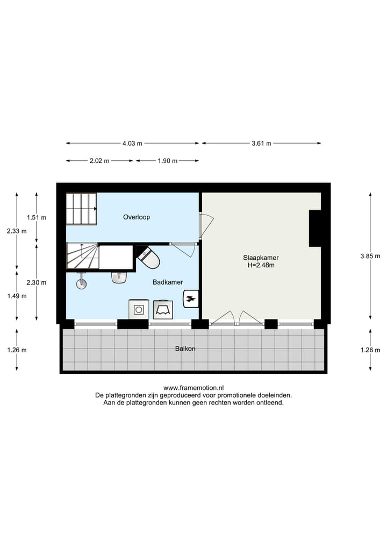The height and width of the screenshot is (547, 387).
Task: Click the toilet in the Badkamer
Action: point(149,258)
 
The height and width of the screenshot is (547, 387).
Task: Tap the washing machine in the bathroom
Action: point(139,309)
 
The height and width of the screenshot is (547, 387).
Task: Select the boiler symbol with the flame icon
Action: point(191,298)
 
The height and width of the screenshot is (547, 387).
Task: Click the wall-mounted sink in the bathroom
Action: point(119,277)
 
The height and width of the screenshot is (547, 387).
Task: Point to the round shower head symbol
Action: point(82,283)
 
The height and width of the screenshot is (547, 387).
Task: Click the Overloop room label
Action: point(136,217)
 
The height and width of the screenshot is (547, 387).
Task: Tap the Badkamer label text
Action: point(168,282)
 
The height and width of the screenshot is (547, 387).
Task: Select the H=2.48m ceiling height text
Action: point(261,265)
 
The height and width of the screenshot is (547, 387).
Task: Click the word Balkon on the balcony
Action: point(185,349)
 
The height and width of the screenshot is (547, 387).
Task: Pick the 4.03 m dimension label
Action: point(132,144)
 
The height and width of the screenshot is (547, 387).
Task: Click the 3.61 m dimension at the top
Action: point(261,144)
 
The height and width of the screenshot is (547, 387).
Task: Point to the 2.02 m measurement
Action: point(99,161)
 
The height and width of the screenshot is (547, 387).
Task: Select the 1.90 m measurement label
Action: point(167,161)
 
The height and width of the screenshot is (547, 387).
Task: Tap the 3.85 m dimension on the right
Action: point(370,257)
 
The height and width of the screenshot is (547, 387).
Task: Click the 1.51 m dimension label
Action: point(37,218)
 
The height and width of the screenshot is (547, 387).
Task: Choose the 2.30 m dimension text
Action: point(37,282)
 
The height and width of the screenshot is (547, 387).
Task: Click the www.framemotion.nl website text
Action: point(193,387)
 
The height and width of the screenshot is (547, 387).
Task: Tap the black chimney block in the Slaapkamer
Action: point(315,228)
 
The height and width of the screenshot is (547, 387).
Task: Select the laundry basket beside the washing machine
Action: point(162,309)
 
